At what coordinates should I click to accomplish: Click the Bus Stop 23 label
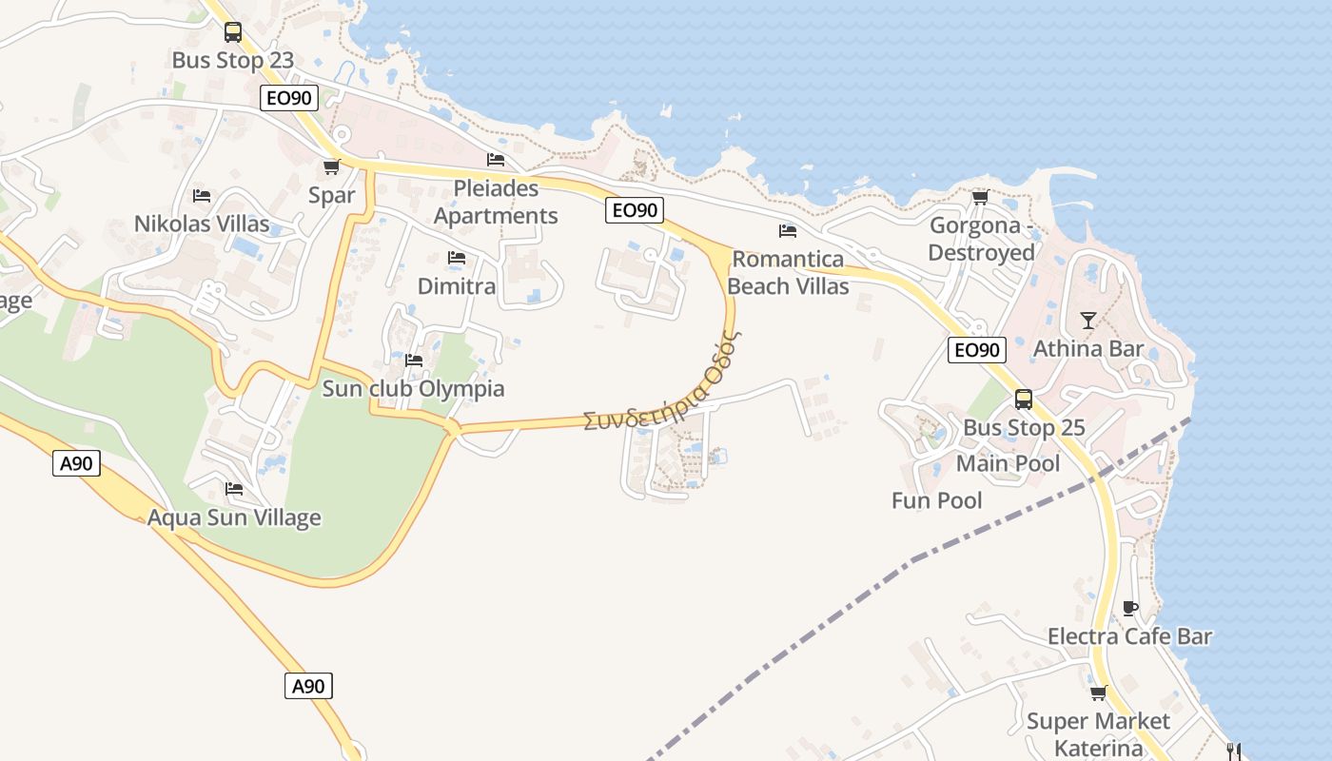[233, 61]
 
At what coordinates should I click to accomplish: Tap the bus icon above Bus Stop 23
[233, 32]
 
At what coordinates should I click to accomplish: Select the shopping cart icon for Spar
[331, 167]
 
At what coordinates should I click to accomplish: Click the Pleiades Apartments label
[496, 202]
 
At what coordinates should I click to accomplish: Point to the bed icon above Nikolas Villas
[202, 196]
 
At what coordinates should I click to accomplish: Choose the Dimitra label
[457, 286]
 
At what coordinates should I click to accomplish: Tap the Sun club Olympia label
[413, 389]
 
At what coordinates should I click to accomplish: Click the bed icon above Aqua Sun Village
[234, 489]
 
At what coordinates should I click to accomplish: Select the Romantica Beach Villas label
[788, 272]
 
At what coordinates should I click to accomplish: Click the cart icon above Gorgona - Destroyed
[981, 197]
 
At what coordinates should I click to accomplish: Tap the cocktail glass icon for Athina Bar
[1088, 321]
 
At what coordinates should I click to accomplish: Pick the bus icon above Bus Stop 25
[1024, 400]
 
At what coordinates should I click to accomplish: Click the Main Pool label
[1008, 464]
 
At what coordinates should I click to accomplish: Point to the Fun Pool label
[937, 500]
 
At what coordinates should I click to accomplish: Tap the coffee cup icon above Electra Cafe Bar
[1130, 608]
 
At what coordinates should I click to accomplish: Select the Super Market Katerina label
[1098, 734]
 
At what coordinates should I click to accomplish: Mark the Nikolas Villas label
[202, 224]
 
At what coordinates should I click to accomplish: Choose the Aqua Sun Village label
[234, 518]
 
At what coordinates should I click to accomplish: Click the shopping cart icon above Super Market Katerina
[1098, 693]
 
